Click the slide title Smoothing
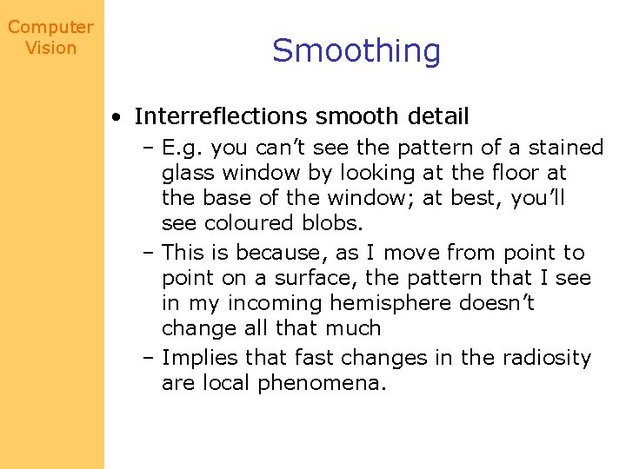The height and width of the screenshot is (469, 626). click(x=356, y=51)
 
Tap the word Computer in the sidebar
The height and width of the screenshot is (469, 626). click(x=50, y=27)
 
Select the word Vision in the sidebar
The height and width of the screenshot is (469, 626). click(x=50, y=48)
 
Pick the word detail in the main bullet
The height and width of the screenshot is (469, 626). click(x=434, y=116)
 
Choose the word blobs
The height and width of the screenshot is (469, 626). click(x=330, y=223)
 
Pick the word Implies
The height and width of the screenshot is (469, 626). click(x=200, y=358)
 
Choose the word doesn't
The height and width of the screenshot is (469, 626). click(x=503, y=304)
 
